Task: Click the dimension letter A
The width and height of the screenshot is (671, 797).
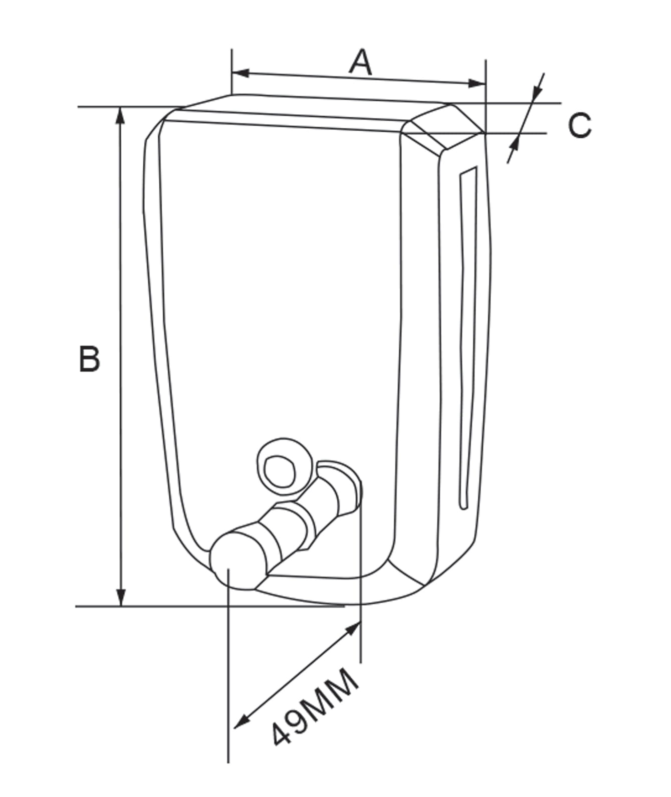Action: pyautogui.click(x=361, y=62)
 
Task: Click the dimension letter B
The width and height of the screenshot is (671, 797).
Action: pyautogui.click(x=90, y=358)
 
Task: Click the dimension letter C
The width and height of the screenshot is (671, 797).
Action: pyautogui.click(x=579, y=125)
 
